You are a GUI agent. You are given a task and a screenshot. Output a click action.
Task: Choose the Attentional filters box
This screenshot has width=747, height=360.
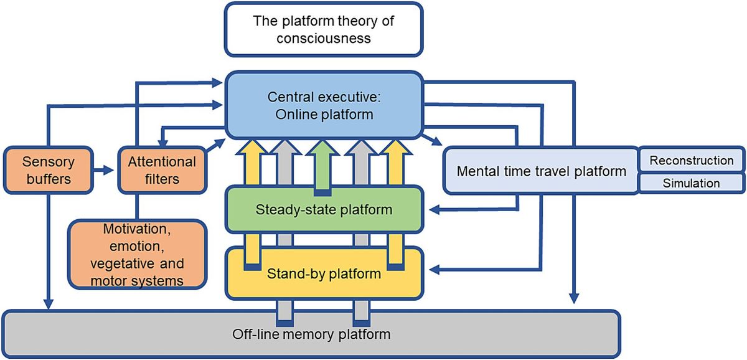pyautogui.click(x=162, y=170)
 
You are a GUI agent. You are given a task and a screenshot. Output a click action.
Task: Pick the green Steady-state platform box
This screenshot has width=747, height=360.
pyautogui.click(x=323, y=209)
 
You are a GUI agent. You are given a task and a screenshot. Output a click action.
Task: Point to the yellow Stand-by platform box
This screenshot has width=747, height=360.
pyautogui.click(x=323, y=272)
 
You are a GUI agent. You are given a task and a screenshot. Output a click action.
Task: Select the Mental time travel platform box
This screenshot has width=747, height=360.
pyautogui.click(x=541, y=171)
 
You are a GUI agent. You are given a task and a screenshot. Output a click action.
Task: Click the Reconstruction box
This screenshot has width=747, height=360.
pyautogui.click(x=691, y=160)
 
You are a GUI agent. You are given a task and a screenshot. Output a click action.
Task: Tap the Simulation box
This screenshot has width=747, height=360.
pyautogui.click(x=691, y=184)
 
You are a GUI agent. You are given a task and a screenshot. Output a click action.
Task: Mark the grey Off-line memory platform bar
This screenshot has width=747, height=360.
pyautogui.click(x=311, y=334)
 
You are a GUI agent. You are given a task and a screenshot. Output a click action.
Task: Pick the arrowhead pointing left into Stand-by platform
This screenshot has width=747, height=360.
pyautogui.click(x=436, y=269)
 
